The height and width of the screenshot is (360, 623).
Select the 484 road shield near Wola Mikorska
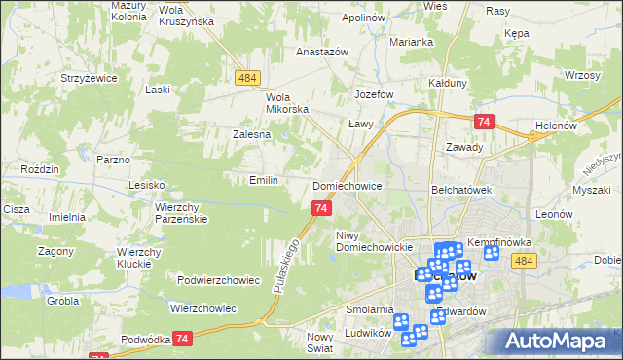point(245,77)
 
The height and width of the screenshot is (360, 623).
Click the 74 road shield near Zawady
point(484,122)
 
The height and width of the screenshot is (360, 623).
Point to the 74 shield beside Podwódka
point(182,338)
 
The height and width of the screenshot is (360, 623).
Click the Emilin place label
point(264,180)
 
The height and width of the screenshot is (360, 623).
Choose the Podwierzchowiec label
point(218,280)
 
